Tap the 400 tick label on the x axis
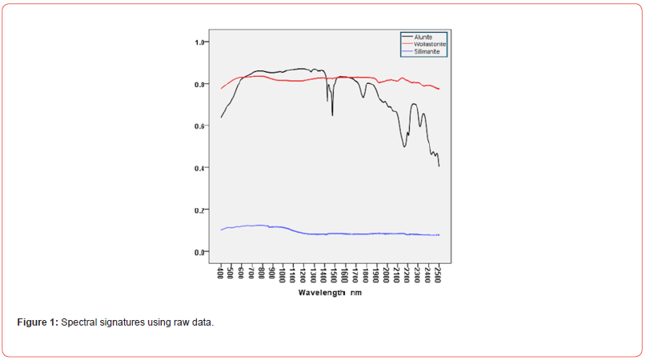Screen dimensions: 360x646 221,274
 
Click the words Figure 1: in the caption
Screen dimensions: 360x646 37,322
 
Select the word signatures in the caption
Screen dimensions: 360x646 124,322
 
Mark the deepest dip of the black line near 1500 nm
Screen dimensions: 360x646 332,115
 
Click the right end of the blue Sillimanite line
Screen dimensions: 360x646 439,234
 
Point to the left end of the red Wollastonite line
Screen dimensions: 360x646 221,88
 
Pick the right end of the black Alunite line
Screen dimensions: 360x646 439,166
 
